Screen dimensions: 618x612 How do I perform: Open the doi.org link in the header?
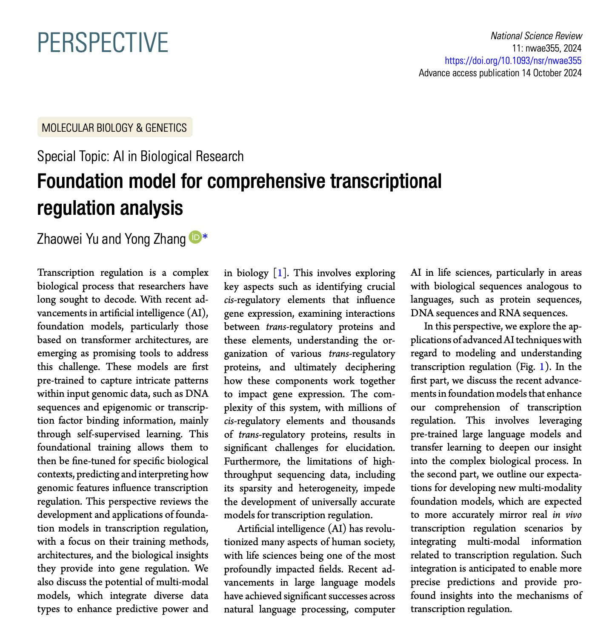coord(513,61)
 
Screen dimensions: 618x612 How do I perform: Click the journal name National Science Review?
coord(536,36)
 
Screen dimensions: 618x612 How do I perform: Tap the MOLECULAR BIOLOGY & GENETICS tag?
coord(115,127)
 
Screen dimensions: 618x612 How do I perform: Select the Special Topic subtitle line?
coord(140,156)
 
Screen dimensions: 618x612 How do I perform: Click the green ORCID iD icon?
coord(195,237)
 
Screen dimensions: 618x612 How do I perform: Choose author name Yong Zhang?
coord(155,239)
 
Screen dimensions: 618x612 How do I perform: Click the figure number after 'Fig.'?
coord(542,367)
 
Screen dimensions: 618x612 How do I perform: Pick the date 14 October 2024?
coord(551,73)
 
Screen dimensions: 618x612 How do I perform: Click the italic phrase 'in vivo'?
coord(567,515)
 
